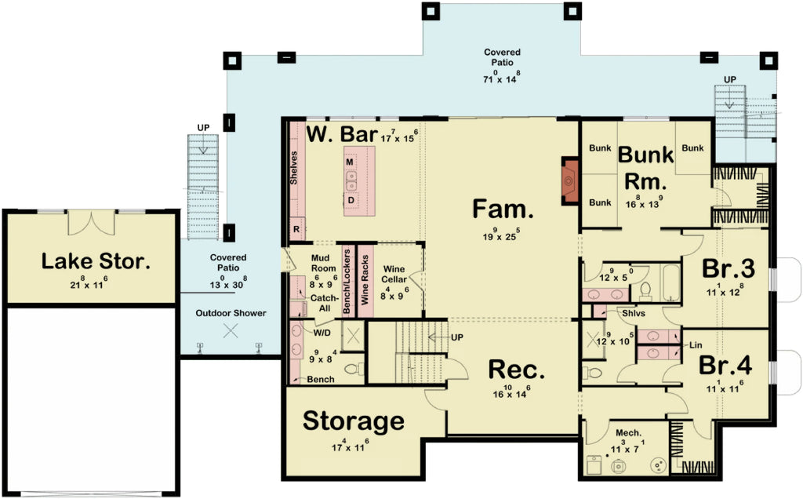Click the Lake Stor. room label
[x=95, y=260]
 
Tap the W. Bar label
[x=341, y=134]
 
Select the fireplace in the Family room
[x=570, y=182]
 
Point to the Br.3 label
[x=728, y=268]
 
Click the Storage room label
[x=353, y=421]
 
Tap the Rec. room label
[x=516, y=370]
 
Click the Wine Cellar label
[x=394, y=274]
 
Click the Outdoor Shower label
[x=231, y=313]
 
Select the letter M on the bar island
[x=350, y=162]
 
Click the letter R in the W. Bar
[x=296, y=228]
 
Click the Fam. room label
[x=503, y=209]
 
